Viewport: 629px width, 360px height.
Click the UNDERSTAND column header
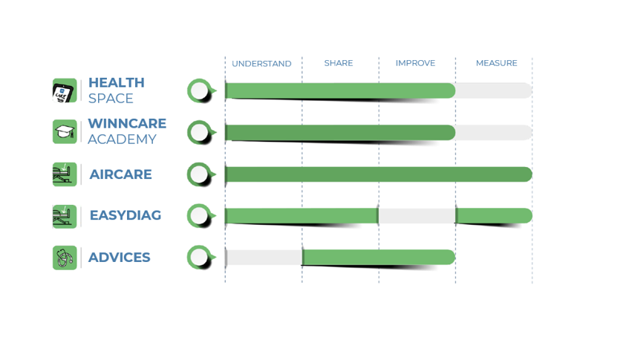coord(261,64)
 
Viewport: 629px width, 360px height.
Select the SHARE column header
coord(339,63)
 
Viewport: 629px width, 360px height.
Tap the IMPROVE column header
coord(415,63)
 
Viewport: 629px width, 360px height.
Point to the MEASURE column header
coord(497,63)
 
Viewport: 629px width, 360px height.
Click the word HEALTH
coord(117,82)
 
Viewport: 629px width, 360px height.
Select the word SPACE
coord(111,98)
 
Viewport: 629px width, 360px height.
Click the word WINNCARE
coord(127,123)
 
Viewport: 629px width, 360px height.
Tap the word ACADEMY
coord(122,139)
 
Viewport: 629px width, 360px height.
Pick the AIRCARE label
coord(121,174)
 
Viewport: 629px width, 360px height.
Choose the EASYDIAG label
coord(126,215)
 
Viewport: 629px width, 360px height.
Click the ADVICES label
coord(119,258)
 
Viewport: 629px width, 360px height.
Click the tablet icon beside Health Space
coord(65,91)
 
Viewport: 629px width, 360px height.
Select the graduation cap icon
coord(65,131)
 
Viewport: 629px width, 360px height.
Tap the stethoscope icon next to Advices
coord(65,258)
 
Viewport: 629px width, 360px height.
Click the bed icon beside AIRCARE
coord(65,174)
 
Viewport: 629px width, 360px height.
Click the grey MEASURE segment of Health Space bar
coord(494,91)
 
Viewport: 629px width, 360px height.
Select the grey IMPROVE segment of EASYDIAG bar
coord(417,216)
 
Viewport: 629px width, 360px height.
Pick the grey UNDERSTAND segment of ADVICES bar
coord(264,258)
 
